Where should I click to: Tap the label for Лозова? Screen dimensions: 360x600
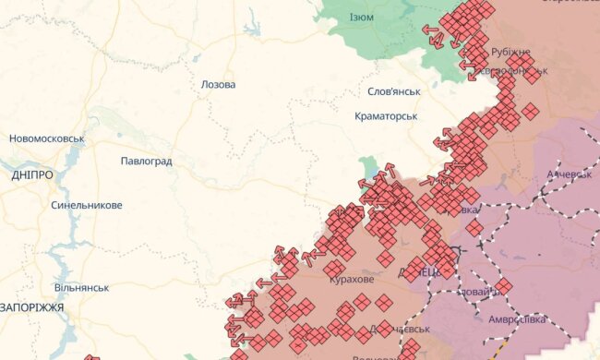point(218,84)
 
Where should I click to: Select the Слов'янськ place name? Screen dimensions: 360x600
point(394,91)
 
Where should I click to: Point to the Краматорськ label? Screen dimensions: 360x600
point(387,116)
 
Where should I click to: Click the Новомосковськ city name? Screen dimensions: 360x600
point(47,138)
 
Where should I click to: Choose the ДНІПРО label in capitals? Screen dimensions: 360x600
point(32,174)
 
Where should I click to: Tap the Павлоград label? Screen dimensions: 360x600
point(146,161)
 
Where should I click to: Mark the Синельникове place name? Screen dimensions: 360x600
point(86,205)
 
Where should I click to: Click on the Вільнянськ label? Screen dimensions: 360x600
point(82,287)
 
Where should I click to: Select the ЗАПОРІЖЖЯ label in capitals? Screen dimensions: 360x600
point(31,307)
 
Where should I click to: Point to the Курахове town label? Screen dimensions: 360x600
point(352,279)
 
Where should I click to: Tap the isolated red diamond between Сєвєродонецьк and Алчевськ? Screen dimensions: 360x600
point(529,113)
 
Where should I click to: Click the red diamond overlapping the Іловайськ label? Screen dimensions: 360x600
point(503,286)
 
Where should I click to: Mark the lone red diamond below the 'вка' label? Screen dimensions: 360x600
point(474,227)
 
